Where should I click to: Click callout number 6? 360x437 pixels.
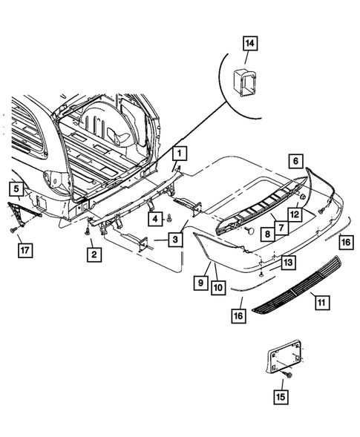click(295, 161)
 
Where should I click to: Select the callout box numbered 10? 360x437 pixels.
click(217, 285)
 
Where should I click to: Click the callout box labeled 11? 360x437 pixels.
click(320, 302)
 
